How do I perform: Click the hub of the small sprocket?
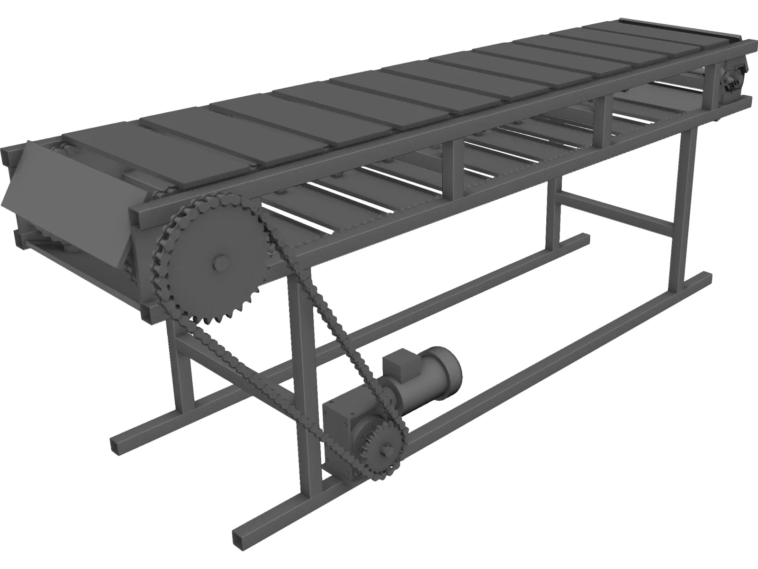pyautogui.click(x=386, y=446)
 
